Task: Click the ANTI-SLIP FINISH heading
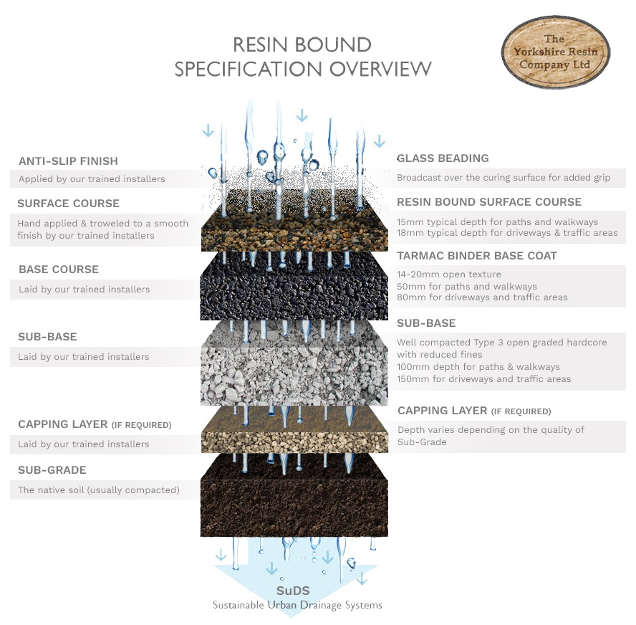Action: tap(68, 161)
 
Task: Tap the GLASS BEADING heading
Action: tap(443, 158)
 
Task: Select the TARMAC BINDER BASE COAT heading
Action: tap(476, 256)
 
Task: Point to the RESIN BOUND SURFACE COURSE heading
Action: tap(489, 202)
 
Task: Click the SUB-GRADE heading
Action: tap(52, 470)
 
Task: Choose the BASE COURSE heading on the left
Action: tap(59, 269)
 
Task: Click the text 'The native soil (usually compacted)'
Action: tap(99, 490)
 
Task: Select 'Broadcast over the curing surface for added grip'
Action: tap(503, 178)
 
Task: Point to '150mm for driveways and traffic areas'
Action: tap(484, 379)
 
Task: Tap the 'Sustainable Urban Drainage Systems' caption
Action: tap(297, 605)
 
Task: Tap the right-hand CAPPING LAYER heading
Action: tap(474, 411)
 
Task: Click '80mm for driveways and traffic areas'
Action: tap(482, 297)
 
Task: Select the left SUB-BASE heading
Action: tap(47, 337)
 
